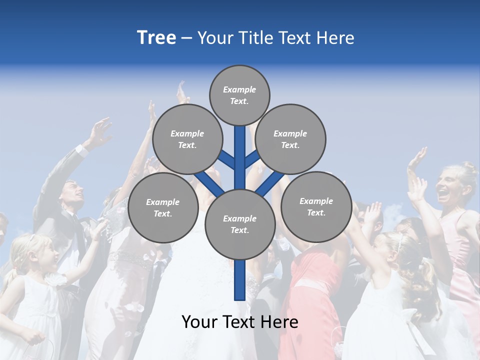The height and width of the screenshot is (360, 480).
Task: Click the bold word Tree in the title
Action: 156,38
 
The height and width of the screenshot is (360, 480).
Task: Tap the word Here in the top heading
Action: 336,38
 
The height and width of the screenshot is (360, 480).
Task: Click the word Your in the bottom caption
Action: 199,322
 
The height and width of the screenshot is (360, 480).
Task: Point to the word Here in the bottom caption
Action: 280,322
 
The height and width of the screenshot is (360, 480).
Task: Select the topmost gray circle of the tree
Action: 239,95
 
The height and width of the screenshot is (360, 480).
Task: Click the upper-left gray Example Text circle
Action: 187,139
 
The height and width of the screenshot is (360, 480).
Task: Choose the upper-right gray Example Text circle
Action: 290,139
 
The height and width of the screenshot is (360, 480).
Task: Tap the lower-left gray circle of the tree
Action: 163,207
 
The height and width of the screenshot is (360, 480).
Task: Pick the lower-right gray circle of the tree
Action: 316,206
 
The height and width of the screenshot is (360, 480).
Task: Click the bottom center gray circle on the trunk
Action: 240,224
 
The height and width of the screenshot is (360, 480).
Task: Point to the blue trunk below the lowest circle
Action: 240,280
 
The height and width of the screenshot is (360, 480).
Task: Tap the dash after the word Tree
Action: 186,38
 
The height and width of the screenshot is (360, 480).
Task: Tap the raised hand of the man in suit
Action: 100,131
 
